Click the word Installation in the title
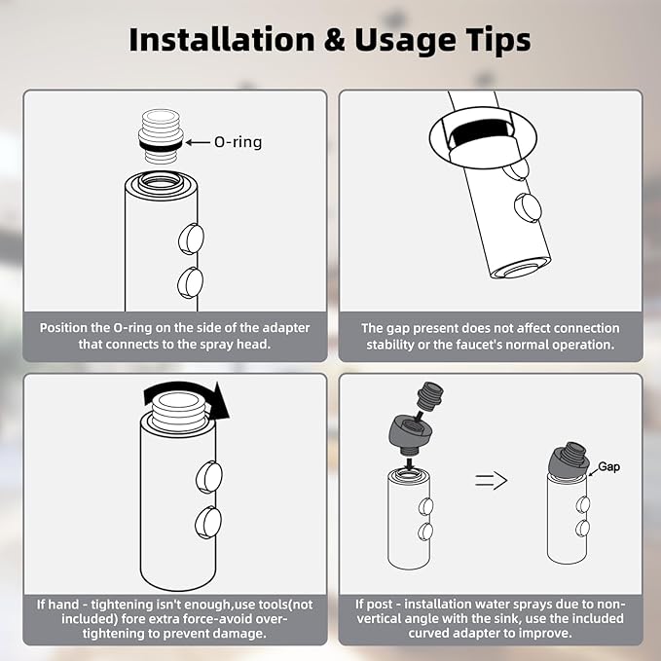(x=222, y=40)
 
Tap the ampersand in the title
(x=335, y=41)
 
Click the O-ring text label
(x=238, y=142)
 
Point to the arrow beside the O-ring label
(x=198, y=142)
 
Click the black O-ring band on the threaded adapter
(x=161, y=145)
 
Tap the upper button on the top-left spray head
(x=191, y=239)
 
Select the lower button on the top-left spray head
(x=190, y=282)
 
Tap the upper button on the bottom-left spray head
(x=209, y=477)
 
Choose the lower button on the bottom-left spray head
(x=208, y=523)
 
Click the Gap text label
(x=608, y=466)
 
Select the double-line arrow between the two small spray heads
(x=491, y=481)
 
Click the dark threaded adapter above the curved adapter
(x=429, y=395)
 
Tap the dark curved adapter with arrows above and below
(x=409, y=432)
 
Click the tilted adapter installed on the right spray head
(x=569, y=459)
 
